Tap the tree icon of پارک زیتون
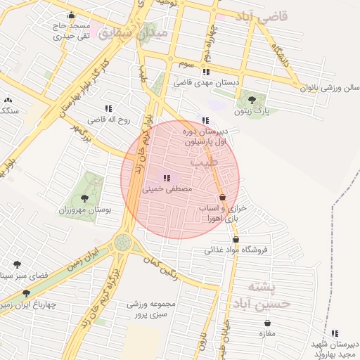[252, 100]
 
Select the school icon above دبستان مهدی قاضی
[205, 72]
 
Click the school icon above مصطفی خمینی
[166, 179]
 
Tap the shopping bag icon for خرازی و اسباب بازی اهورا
[223, 198]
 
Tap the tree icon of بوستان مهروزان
[85, 198]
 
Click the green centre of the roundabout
[123, 243]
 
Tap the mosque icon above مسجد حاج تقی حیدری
[70, 15]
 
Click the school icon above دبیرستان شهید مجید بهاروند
[335, 333]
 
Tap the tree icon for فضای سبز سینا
[16, 264]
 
